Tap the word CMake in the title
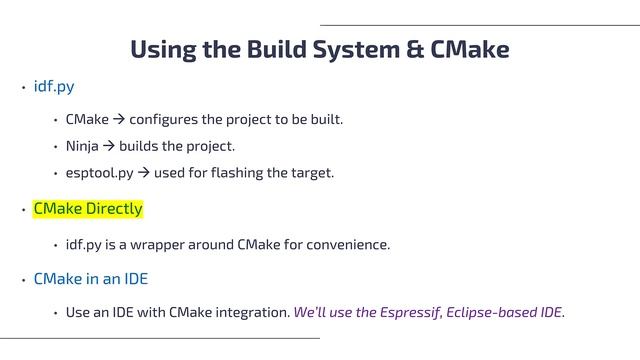pos(471,49)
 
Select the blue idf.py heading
pos(54,87)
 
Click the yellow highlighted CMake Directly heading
pos(88,209)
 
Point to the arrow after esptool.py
pos(143,173)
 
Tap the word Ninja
pos(82,146)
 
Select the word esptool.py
pos(99,173)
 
